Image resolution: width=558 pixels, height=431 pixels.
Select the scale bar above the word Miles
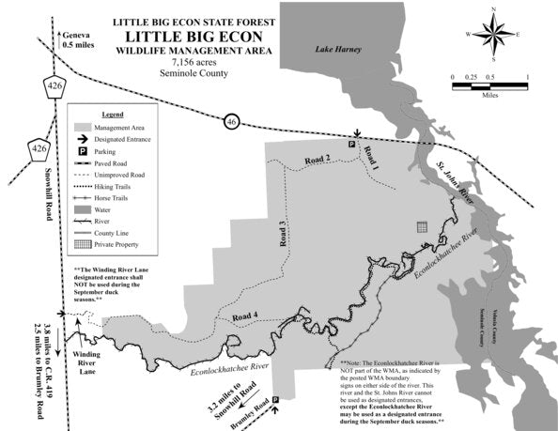pos(490,85)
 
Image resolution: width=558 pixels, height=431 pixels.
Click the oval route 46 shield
pos(231,121)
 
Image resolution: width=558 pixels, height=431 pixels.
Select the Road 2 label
pos(317,160)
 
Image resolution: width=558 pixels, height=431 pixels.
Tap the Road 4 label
pos(244,316)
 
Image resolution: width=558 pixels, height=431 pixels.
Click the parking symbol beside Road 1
pos(352,145)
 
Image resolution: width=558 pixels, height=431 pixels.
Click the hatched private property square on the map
pos(422,226)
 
